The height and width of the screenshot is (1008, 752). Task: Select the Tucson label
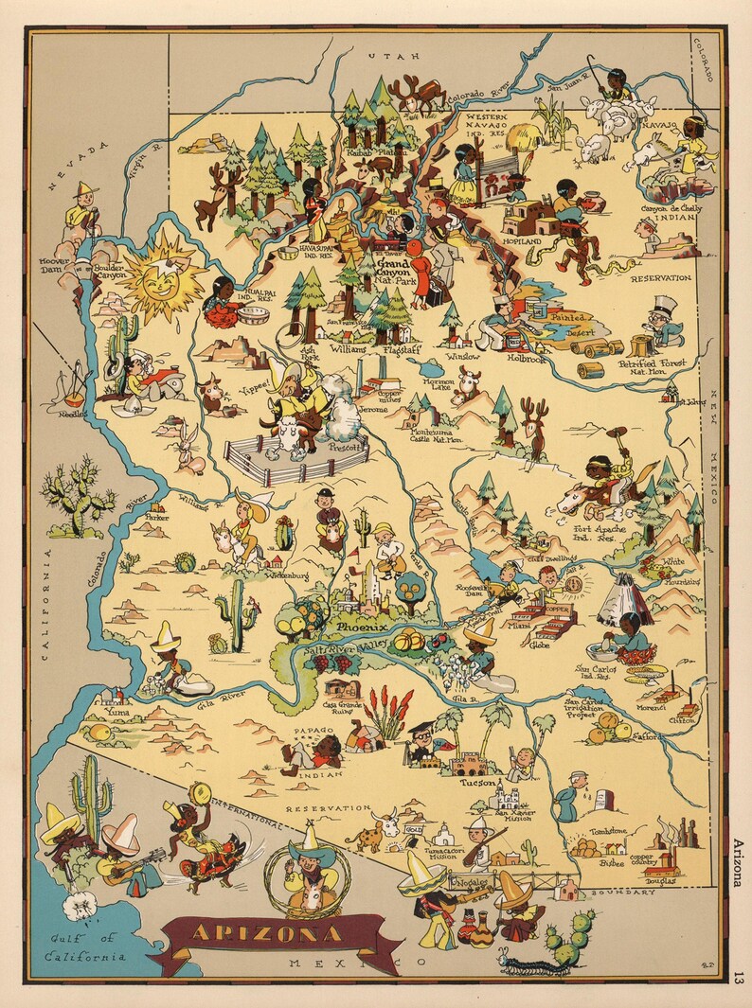click(477, 783)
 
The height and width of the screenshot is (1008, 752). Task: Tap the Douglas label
click(662, 880)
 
